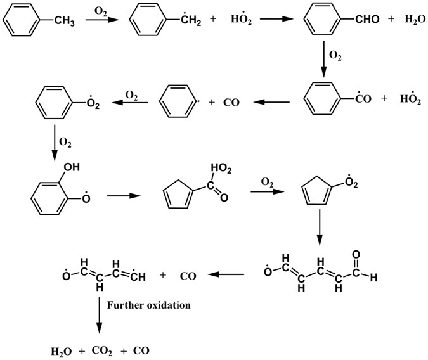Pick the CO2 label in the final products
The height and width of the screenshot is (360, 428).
tap(105, 350)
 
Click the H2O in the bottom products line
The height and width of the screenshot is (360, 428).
tap(62, 350)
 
